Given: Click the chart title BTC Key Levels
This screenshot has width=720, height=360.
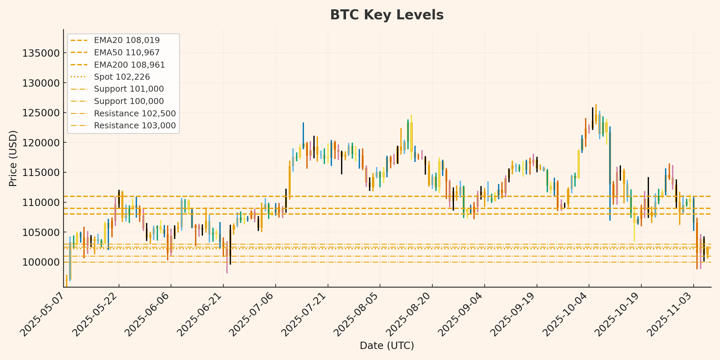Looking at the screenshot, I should click(387, 15).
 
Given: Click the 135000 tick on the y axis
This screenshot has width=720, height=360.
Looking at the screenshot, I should click(41, 53).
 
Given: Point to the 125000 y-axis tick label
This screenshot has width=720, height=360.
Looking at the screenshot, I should click(41, 113).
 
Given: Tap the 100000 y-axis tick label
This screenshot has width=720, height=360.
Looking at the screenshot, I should click(41, 262).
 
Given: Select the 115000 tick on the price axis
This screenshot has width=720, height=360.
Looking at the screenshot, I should click(41, 173).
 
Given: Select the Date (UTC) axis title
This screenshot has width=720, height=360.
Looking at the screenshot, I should click(387, 346).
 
